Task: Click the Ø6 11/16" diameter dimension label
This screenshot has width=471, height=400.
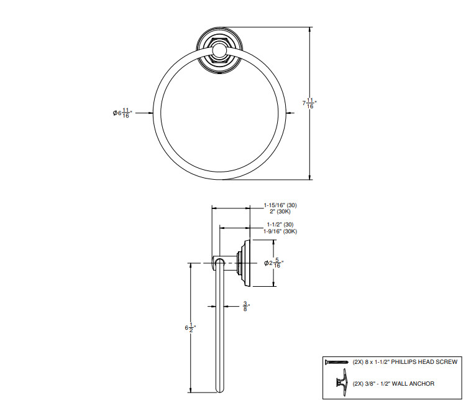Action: click(x=122, y=113)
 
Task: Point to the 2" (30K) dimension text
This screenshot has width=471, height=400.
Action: click(x=273, y=212)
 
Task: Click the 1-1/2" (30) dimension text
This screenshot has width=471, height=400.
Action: click(x=280, y=224)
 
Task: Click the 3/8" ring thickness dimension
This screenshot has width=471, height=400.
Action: click(x=245, y=306)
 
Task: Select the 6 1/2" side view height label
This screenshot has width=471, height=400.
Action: click(x=190, y=327)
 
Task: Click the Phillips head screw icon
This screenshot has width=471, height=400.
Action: click(x=336, y=361)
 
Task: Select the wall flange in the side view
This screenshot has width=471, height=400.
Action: click(x=247, y=263)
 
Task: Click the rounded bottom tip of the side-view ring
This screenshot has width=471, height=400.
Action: click(x=218, y=390)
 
